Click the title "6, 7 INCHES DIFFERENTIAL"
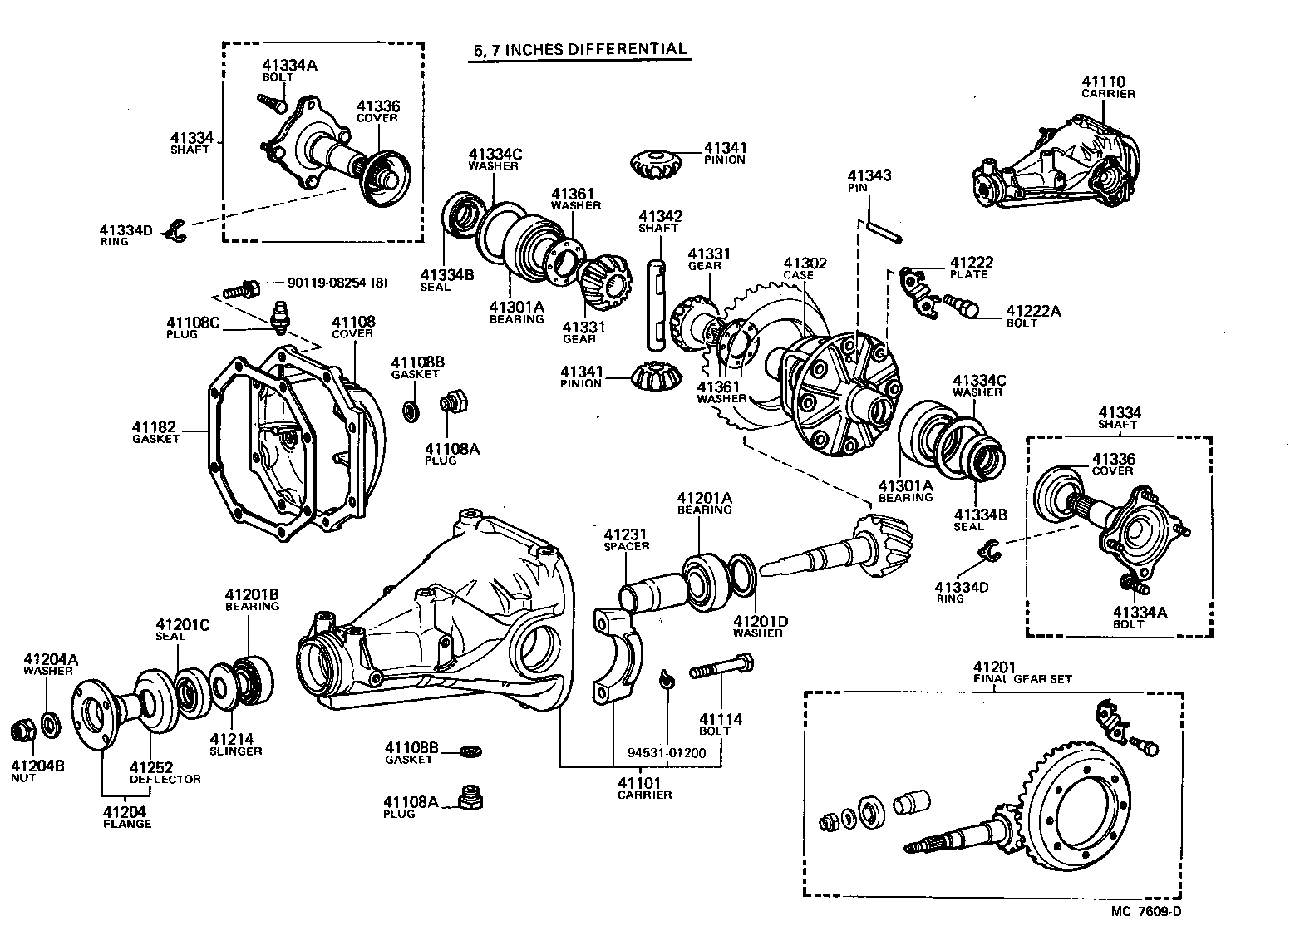pos(580,49)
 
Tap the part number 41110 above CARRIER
pos(1103,81)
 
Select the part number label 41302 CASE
pos(805,268)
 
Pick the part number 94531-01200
pos(666,753)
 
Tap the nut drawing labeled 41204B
pos(22,731)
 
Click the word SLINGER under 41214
pos(235,751)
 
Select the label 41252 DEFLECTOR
pos(165,772)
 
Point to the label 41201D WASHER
pos(757,626)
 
